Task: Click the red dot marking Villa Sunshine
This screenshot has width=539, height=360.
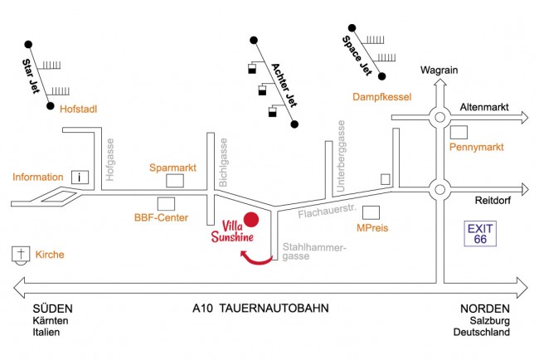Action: pyautogui.click(x=252, y=220)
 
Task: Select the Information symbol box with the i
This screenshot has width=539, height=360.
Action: pyautogui.click(x=80, y=176)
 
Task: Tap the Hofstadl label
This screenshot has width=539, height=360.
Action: pyautogui.click(x=80, y=108)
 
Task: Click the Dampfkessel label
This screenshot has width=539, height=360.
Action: pyautogui.click(x=382, y=97)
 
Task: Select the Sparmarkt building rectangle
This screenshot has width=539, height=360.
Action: pyautogui.click(x=176, y=181)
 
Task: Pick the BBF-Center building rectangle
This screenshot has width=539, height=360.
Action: pyautogui.click(x=167, y=203)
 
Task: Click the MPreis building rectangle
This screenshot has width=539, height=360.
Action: pyautogui.click(x=371, y=212)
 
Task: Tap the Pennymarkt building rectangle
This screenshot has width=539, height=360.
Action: pyautogui.click(x=459, y=132)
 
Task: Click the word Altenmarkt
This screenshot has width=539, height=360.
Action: pyautogui.click(x=483, y=108)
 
